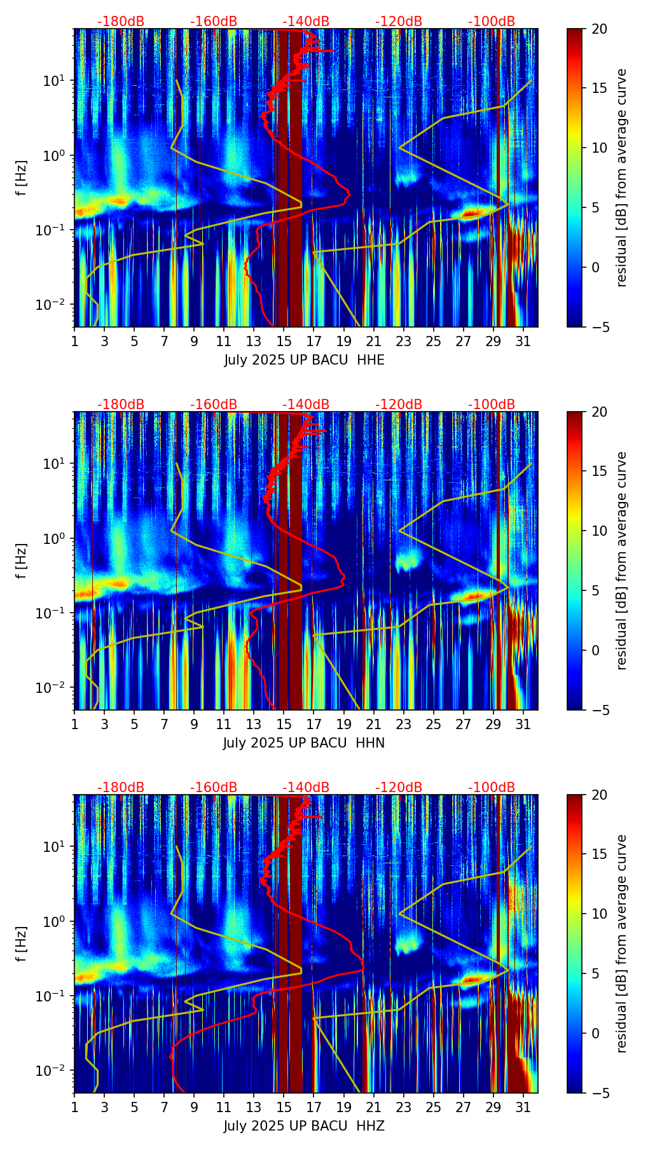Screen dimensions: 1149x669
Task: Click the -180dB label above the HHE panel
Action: pos(121,22)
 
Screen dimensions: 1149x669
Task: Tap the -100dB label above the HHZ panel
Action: pos(492,788)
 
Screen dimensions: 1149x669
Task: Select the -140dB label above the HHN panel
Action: pos(306,405)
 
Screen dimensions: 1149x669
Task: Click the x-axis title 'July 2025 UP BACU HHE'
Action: pos(304,360)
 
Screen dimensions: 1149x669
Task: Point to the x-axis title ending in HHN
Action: pos(304,743)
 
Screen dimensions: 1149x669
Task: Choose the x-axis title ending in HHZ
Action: pos(304,1126)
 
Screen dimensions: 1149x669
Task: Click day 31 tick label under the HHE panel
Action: pos(523,341)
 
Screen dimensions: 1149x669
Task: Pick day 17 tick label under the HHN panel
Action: pos(314,724)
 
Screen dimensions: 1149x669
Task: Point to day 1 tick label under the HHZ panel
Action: pos(74,1107)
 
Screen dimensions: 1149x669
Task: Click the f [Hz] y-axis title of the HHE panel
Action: pos(23,178)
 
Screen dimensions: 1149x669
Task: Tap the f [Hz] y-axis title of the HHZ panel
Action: pos(23,944)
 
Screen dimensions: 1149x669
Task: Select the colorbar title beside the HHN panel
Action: pos(622,561)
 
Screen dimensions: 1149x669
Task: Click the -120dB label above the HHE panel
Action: pos(399,22)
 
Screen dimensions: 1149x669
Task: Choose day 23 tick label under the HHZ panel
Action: pos(403,1107)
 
